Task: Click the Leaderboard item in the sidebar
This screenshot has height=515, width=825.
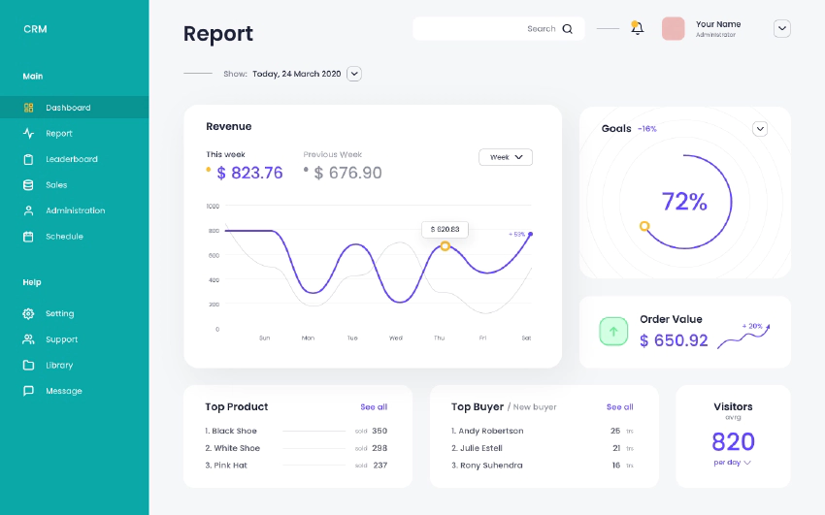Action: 71,159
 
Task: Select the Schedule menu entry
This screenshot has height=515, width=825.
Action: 64,237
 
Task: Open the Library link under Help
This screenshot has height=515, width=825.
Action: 59,366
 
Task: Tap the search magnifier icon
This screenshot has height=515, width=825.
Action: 568,29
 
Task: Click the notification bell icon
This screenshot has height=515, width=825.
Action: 637,28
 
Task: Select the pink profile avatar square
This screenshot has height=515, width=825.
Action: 674,29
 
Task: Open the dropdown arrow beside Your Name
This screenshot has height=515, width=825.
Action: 781,29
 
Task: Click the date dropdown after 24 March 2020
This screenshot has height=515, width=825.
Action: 354,74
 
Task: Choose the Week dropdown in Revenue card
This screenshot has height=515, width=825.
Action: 506,157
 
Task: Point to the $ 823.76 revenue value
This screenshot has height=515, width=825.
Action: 249,174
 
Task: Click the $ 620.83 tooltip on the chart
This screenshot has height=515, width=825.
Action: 445,230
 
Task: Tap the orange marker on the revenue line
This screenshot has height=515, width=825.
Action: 445,246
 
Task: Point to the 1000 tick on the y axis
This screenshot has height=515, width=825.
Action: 213,206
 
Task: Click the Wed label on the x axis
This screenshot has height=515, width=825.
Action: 396,338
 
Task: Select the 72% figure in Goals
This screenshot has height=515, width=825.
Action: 684,202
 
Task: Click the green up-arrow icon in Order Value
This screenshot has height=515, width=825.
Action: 613,331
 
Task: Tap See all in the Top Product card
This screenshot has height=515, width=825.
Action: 374,407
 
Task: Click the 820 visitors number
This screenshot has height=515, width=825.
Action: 733,442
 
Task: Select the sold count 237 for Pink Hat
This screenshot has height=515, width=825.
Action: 379,466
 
